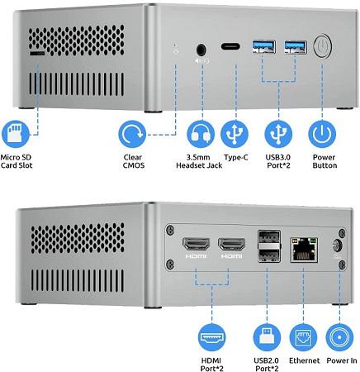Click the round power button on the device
click(322, 45)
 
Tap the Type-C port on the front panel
click(230, 46)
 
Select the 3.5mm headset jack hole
click(201, 50)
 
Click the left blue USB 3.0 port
click(264, 46)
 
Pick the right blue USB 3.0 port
click(296, 47)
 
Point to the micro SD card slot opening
click(37, 53)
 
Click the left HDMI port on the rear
click(196, 244)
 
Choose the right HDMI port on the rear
click(231, 245)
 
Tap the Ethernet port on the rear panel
click(304, 250)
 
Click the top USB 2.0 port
click(269, 236)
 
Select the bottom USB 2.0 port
click(269, 255)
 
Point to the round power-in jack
click(337, 246)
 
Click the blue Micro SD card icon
click(15, 134)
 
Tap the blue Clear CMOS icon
click(132, 134)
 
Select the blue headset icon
click(201, 134)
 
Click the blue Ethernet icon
click(303, 337)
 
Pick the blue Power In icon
click(339, 337)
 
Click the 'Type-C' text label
click(236, 158)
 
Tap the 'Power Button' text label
click(324, 161)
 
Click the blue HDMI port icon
click(212, 337)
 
